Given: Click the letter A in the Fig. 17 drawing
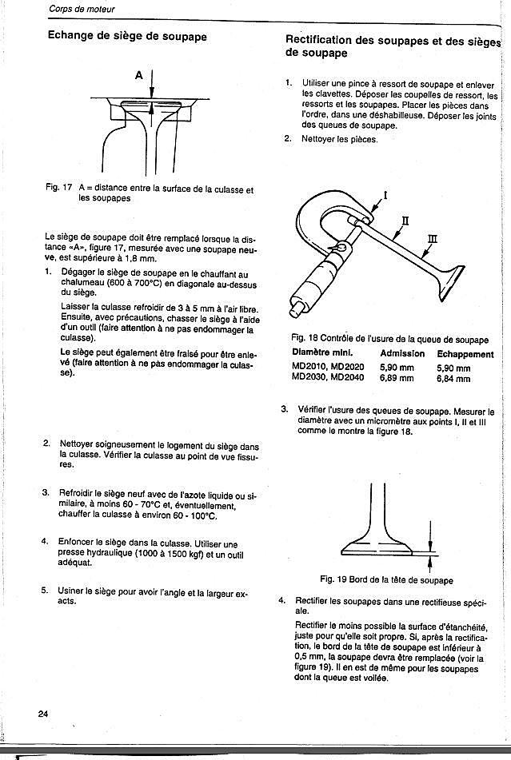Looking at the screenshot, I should (x=138, y=75).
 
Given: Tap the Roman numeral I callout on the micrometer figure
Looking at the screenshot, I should (x=386, y=194).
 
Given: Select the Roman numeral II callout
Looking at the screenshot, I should (x=405, y=219).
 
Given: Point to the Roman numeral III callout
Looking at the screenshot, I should (x=433, y=237).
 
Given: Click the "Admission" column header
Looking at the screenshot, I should (x=402, y=353).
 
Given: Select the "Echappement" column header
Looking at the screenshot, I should (x=465, y=353).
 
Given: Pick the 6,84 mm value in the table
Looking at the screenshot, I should (x=453, y=378).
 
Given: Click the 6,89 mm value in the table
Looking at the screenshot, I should (x=397, y=378).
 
